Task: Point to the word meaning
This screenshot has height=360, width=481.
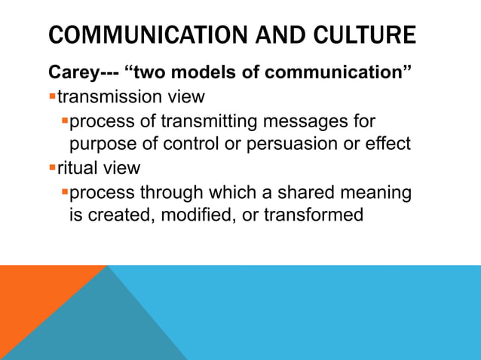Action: point(376,192)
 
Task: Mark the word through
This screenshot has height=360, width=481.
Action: point(173,192)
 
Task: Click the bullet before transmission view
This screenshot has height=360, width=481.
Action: point(52,96)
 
